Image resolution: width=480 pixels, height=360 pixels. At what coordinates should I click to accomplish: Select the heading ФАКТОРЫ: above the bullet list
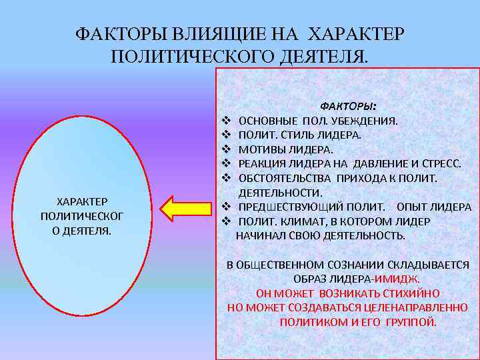(x=348, y=107)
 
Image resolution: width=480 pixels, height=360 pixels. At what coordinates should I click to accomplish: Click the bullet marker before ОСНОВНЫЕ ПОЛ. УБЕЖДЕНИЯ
(x=225, y=121)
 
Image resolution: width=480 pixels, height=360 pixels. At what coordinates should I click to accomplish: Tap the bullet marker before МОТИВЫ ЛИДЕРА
(x=225, y=149)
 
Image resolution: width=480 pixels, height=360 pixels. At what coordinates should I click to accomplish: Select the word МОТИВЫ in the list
(x=261, y=149)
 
